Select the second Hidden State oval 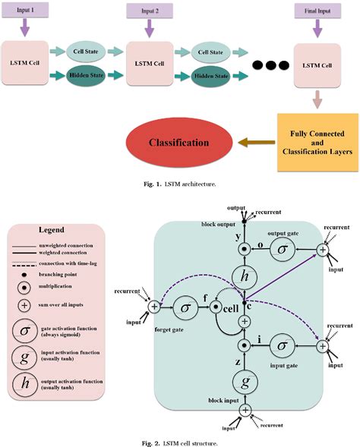coord(209,76)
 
